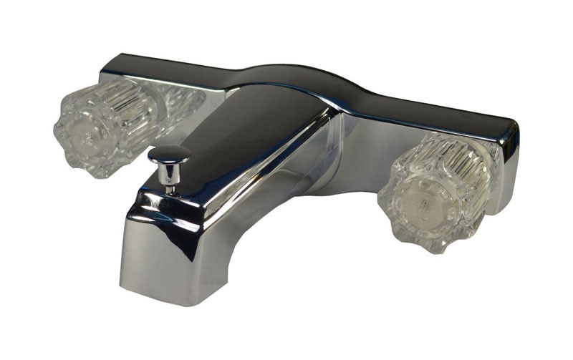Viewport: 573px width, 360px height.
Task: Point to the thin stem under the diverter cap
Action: pos(171,181)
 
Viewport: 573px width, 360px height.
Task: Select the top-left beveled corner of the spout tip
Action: pos(133,204)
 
